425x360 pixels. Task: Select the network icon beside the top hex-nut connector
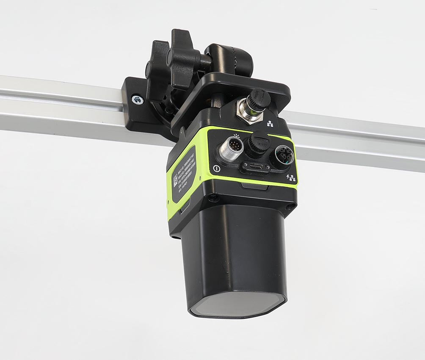pos(270,124)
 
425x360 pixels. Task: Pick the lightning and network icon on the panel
pos(291,177)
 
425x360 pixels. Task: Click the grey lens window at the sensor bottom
pos(237,304)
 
